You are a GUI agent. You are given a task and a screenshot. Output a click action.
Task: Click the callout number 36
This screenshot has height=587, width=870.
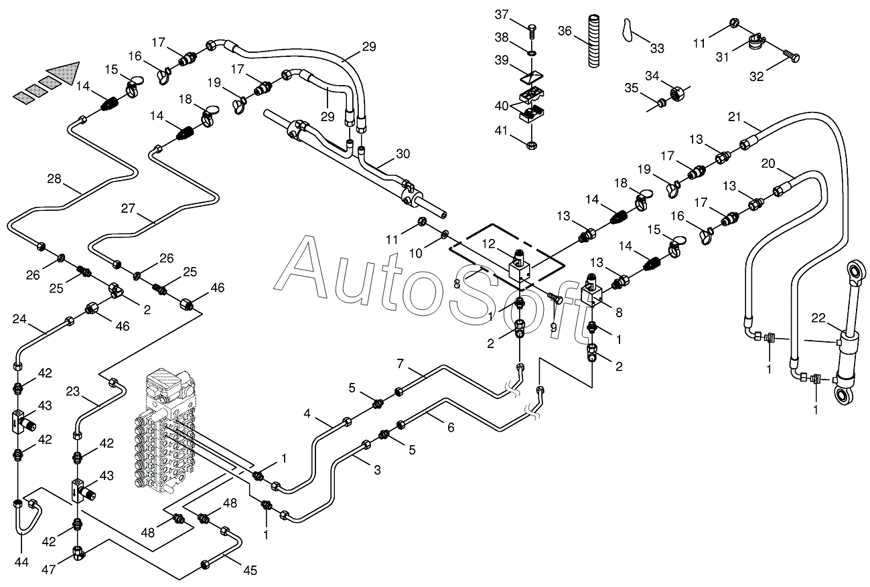pos(565,31)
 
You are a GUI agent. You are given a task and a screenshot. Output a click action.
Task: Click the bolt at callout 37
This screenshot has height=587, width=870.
pos(532,30)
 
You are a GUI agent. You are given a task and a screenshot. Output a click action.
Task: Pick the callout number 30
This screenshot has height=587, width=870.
pos(403,153)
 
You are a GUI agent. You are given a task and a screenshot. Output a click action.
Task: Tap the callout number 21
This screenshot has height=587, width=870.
pos(735,118)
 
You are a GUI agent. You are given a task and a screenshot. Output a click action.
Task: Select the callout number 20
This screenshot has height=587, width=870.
pos(768,163)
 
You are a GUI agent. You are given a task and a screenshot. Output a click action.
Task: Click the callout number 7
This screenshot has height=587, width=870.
pos(400,363)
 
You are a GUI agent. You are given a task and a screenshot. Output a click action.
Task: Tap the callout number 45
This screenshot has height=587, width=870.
pos(249,571)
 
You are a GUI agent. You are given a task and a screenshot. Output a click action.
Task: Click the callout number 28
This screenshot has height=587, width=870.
pos(54,178)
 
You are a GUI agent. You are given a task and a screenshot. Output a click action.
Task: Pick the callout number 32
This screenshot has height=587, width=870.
pos(756,76)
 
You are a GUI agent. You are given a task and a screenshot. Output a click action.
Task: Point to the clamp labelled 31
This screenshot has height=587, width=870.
pos(755,44)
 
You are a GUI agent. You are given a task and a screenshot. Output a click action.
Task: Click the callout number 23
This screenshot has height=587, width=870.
pos(73,392)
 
